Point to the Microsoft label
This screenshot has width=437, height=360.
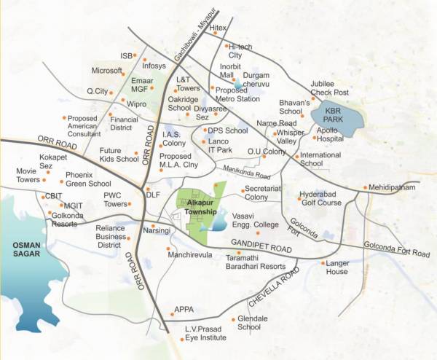pos(106,71)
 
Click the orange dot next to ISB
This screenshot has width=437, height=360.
pos(144,57)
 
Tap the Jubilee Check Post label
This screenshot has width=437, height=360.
pos(329,88)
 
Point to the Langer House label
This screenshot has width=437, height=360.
pos(337,267)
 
